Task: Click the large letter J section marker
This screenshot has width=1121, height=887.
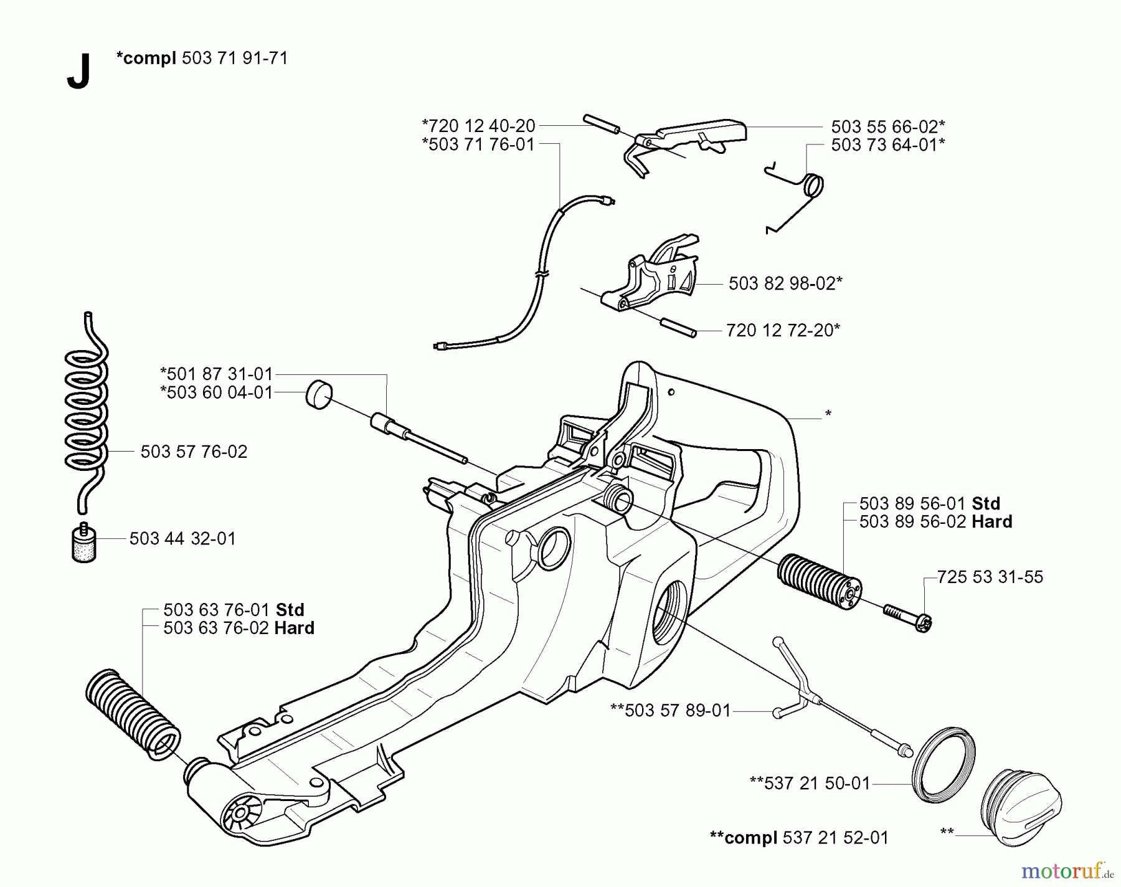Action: (78, 72)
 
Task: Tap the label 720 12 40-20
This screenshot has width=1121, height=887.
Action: (478, 126)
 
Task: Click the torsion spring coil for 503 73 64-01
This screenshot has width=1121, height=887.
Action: (812, 186)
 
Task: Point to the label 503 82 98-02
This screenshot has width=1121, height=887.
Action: (785, 283)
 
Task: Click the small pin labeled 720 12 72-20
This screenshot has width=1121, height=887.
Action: (678, 328)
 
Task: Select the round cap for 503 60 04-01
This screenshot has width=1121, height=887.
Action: (319, 394)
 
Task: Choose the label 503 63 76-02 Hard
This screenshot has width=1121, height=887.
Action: (239, 628)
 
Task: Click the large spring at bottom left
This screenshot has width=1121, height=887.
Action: (132, 713)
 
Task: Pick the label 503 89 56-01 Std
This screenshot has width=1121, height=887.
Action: (929, 503)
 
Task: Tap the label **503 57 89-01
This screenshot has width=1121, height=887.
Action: (670, 711)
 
